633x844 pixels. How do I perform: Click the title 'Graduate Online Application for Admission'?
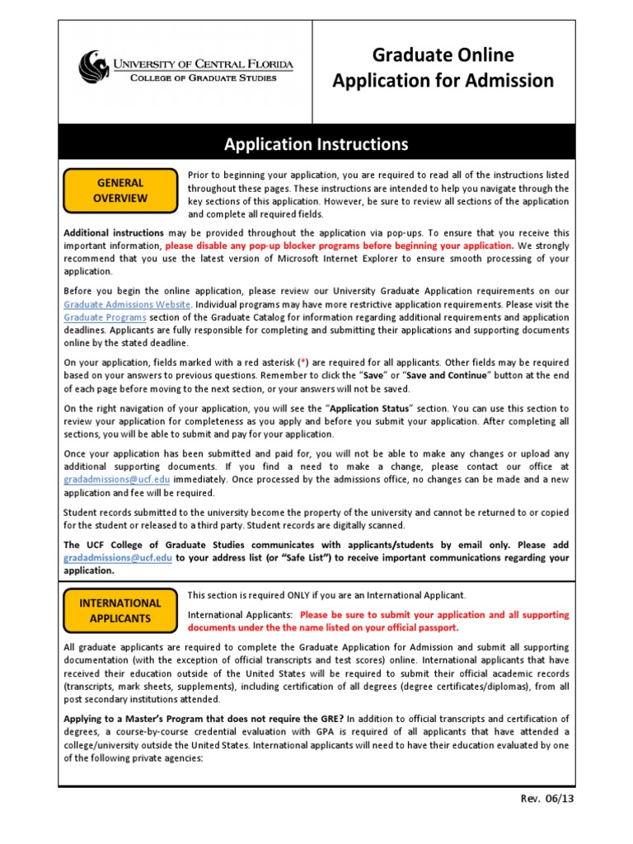(443, 68)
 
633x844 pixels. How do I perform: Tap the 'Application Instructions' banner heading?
(316, 144)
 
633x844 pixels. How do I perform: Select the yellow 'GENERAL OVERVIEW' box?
(120, 190)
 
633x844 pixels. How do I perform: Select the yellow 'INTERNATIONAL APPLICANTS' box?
(120, 610)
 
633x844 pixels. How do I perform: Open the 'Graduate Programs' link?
(105, 317)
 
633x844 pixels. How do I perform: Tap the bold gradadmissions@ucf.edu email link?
(118, 558)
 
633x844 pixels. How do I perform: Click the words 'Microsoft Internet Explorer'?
(319, 259)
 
